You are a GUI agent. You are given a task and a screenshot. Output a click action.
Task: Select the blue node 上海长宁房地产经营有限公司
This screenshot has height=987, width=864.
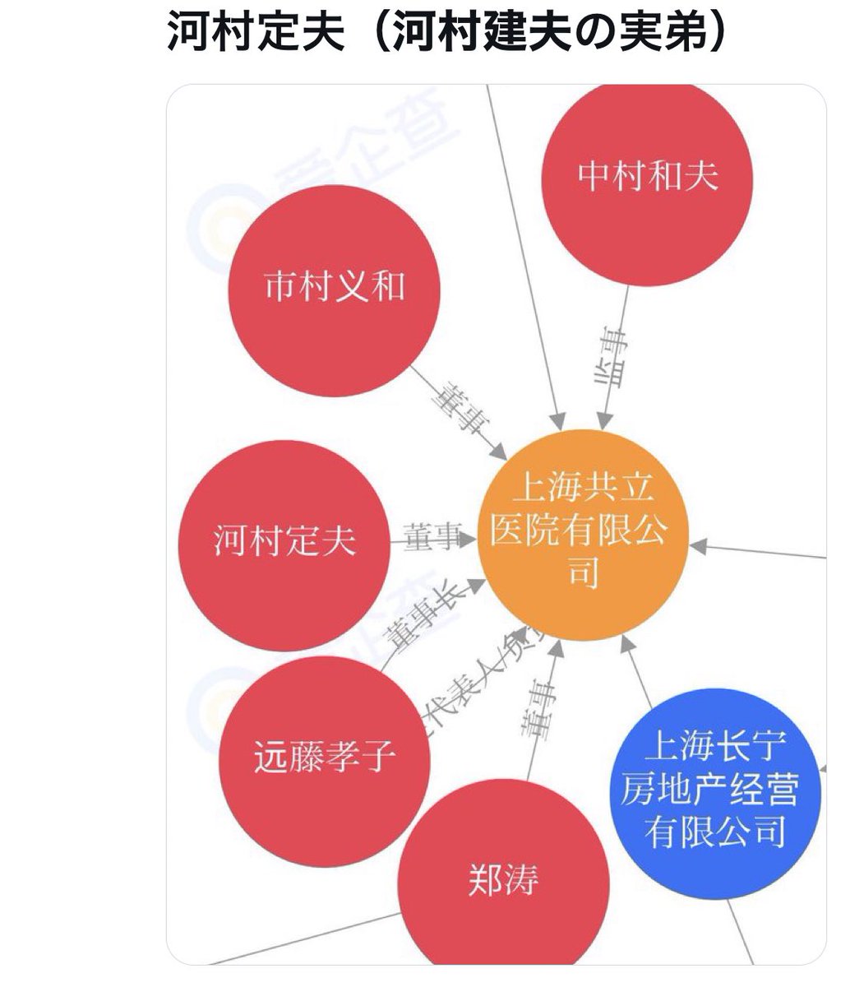[x=721, y=790]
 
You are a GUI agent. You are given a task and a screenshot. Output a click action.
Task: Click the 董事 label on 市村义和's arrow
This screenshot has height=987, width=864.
[x=462, y=410]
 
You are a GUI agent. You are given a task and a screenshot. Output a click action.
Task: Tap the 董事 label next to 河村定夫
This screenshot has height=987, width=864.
[x=432, y=537]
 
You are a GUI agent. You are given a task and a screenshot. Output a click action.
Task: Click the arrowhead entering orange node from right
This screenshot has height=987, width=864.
[x=697, y=544]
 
